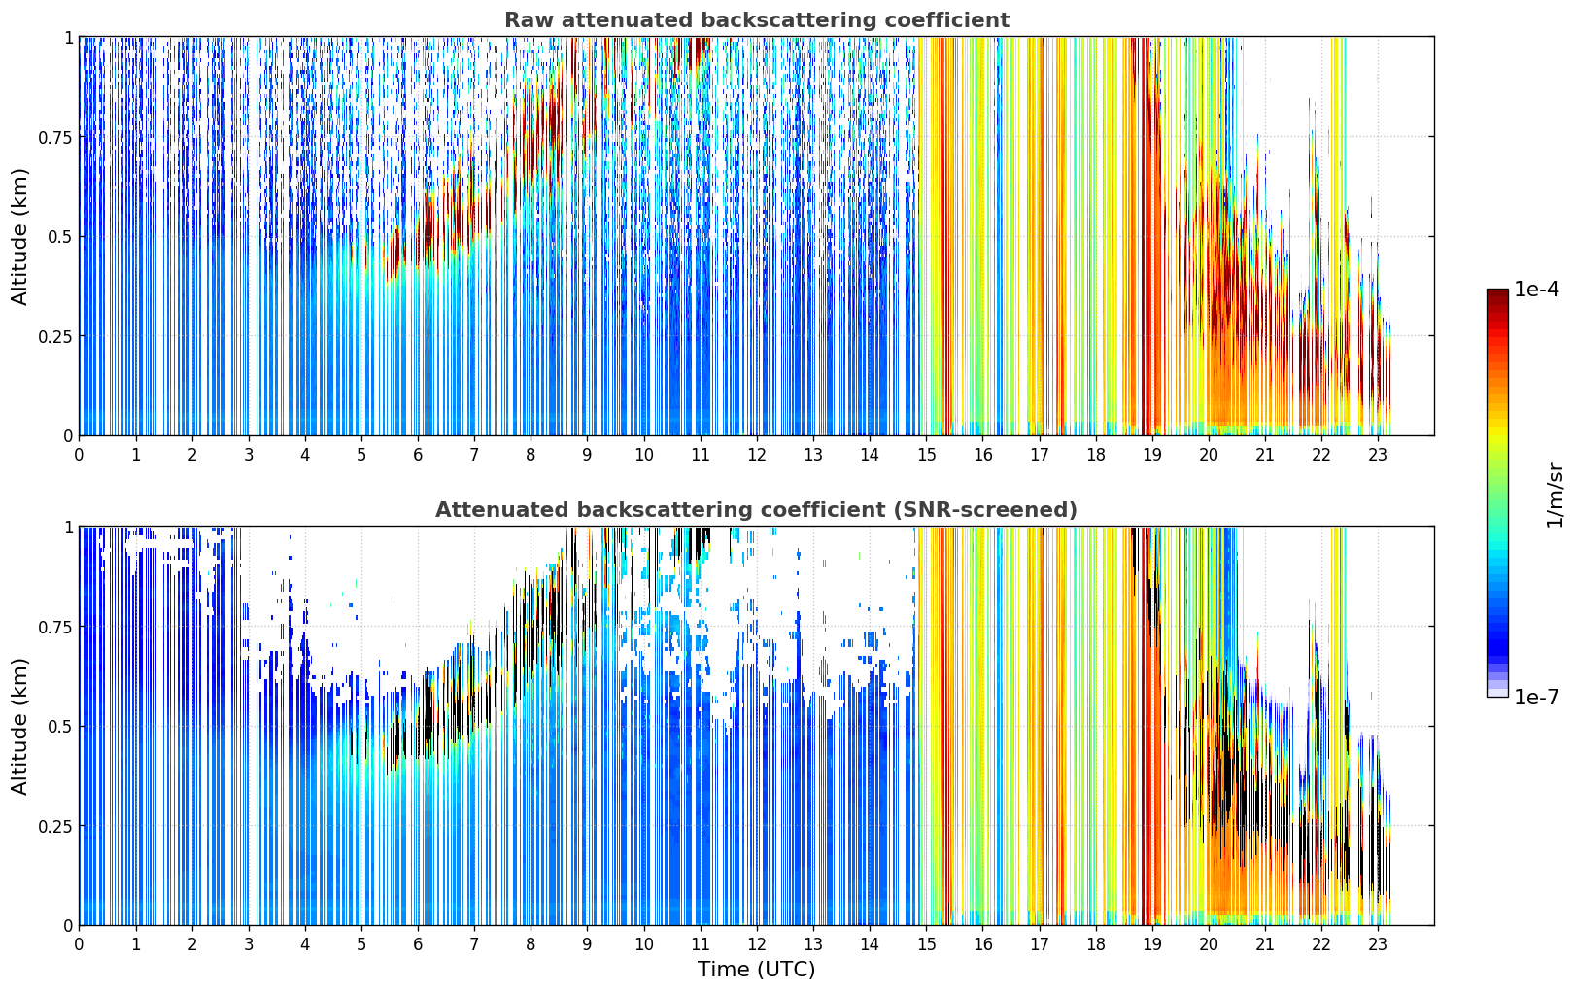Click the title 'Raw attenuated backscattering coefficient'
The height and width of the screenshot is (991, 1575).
tap(757, 19)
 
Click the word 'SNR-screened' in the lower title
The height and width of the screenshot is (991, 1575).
tap(983, 509)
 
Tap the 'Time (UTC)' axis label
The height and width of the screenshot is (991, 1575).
tap(757, 970)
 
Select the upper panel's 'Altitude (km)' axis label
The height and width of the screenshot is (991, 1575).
tap(19, 236)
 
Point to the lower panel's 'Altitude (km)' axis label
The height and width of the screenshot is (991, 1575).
tap(19, 726)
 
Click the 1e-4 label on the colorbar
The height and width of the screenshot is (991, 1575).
tap(1536, 289)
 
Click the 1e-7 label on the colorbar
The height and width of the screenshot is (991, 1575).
tap(1536, 698)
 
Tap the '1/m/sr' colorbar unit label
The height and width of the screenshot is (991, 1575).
tap(1555, 495)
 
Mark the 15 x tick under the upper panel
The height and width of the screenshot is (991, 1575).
tap(927, 455)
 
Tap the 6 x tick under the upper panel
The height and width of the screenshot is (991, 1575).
tap(418, 455)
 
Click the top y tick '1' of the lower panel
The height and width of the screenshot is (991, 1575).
tap(68, 528)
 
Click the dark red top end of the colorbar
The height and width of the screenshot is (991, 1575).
tap(1497, 292)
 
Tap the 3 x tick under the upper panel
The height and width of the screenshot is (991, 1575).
tap(248, 455)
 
